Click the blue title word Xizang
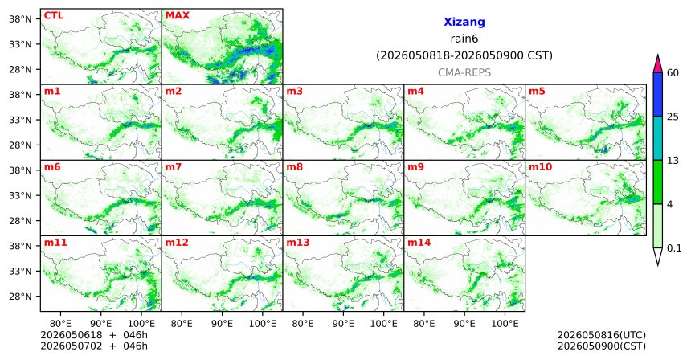pos(464,22)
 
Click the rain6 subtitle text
pos(464,39)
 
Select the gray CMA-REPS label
pos(464,72)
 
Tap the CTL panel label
pos(54,15)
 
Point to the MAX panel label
pos(177,15)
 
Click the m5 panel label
pos(537,92)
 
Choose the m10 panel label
pos(540,167)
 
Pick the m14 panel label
pos(419,243)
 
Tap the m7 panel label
pos(174,167)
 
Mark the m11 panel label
pos(55,243)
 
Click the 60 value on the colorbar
pos(673,72)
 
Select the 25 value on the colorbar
pos(673,117)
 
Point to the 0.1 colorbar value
pos(674,248)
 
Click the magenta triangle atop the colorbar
pos(657,64)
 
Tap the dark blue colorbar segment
pos(657,94)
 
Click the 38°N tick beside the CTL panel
pos(20,19)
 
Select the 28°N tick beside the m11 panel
pos(20,297)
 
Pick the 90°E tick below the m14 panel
pos(464,324)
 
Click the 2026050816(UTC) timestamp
pos(602,336)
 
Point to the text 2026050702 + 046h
pos(94,346)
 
